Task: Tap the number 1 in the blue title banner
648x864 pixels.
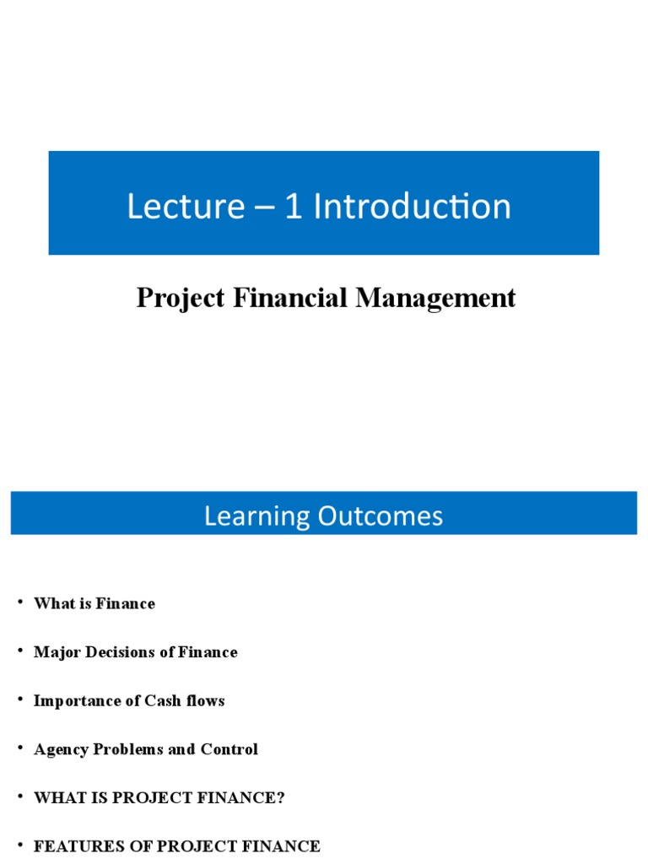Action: (293, 207)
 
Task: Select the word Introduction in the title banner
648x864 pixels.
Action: (412, 207)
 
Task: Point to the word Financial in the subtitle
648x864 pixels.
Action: (287, 298)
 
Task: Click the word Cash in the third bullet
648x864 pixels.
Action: (160, 701)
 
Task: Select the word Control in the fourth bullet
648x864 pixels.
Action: (229, 749)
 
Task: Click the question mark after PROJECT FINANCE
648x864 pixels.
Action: (281, 798)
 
